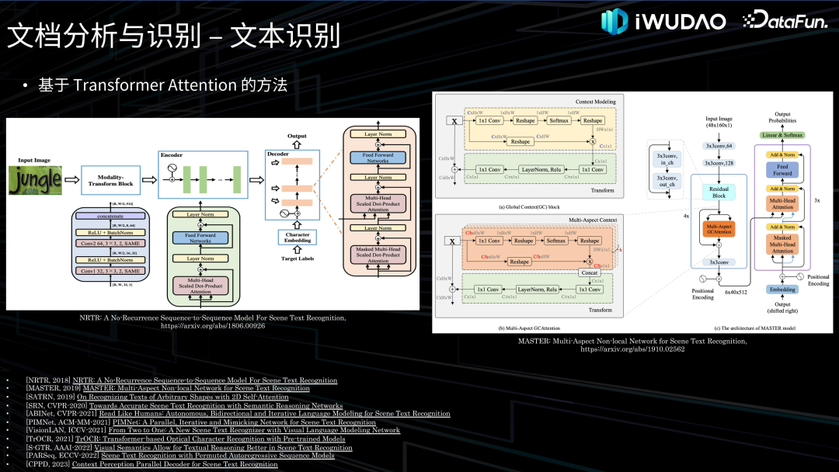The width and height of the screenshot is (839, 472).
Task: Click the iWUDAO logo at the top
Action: click(x=663, y=21)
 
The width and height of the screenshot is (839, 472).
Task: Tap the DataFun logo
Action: click(x=785, y=21)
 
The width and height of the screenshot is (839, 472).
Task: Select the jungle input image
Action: click(x=35, y=181)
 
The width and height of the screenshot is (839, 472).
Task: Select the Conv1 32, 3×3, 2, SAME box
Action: click(x=110, y=270)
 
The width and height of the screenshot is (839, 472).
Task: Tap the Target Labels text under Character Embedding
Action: click(x=297, y=258)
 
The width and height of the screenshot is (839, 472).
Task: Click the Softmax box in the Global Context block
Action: click(x=559, y=120)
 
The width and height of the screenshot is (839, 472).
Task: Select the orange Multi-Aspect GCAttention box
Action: click(x=718, y=230)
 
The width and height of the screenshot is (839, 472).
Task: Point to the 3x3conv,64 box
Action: click(x=718, y=145)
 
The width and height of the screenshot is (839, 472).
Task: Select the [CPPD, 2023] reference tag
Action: click(x=47, y=464)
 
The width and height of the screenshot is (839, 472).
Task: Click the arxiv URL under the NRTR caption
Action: click(x=212, y=327)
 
